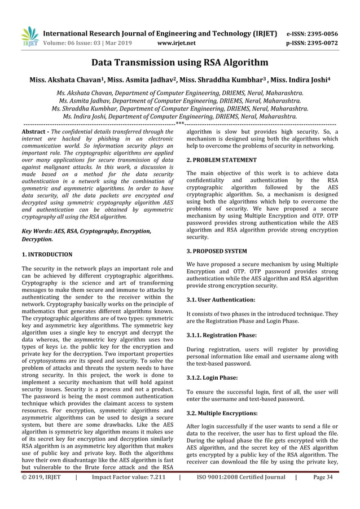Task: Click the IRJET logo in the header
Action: click(29, 35)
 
